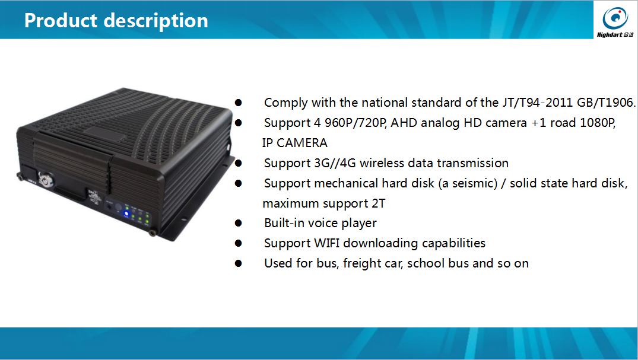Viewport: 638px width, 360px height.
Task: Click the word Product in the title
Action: [x=61, y=20]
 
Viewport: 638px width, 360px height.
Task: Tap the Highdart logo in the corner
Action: [x=615, y=21]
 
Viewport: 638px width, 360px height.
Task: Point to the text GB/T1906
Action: [x=607, y=102]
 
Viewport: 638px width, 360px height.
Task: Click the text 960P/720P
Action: [x=355, y=122]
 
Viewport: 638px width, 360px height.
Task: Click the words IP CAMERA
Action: [x=295, y=143]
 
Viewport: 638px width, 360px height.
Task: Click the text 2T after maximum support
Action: [x=379, y=203]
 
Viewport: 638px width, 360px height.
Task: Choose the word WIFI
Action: [x=327, y=243]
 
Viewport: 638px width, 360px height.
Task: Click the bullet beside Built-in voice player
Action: [x=239, y=223]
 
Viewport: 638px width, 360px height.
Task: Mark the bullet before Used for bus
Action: [x=239, y=263]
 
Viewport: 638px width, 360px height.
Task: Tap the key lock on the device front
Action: [x=46, y=179]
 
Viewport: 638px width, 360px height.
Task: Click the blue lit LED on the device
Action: [x=126, y=214]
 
